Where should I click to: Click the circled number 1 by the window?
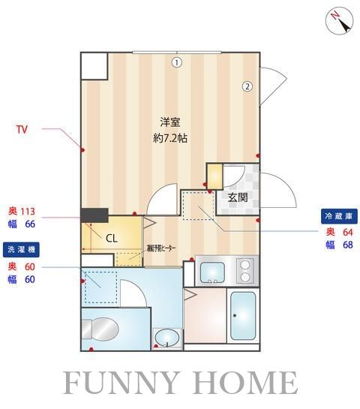pos(176,62)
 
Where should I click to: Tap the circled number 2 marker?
pos(246,86)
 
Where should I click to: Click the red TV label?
pos(22,130)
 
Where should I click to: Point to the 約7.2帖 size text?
pos(170,138)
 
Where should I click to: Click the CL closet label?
pos(111,239)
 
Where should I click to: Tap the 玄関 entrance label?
pos(237,198)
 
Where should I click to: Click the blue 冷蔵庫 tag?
pos(337,216)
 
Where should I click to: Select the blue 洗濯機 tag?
pos(22,248)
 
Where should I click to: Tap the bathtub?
pos(242,316)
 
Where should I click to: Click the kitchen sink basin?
pos(211,270)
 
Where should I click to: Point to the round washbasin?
pos(166,338)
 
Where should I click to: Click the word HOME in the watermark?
pos(247,383)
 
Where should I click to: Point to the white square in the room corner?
pos(94,66)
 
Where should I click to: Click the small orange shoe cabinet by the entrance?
pos(214,175)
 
